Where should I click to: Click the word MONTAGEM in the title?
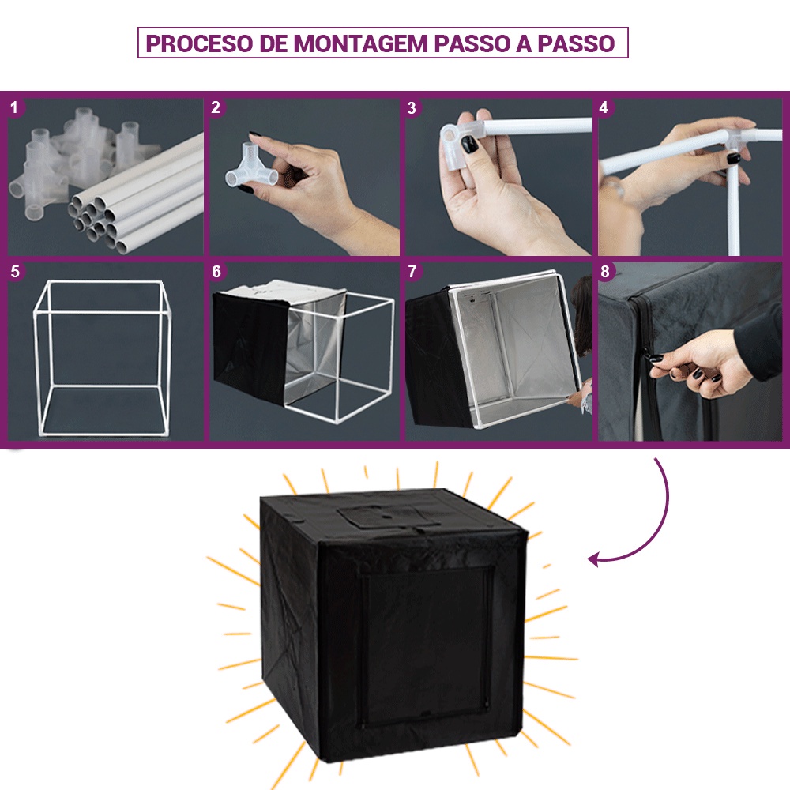360,43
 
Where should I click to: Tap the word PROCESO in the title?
199,43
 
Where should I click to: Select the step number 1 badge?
14,107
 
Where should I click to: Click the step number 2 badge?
216,107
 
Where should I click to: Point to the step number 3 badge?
412,107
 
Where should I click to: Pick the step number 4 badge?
604,107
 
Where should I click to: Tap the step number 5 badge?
15,272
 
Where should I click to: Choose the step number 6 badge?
216,272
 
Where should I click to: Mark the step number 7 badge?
412,272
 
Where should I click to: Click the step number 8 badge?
605,272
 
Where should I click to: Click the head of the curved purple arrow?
595,559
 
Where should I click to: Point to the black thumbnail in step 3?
470,145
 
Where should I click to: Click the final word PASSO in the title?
576,43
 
